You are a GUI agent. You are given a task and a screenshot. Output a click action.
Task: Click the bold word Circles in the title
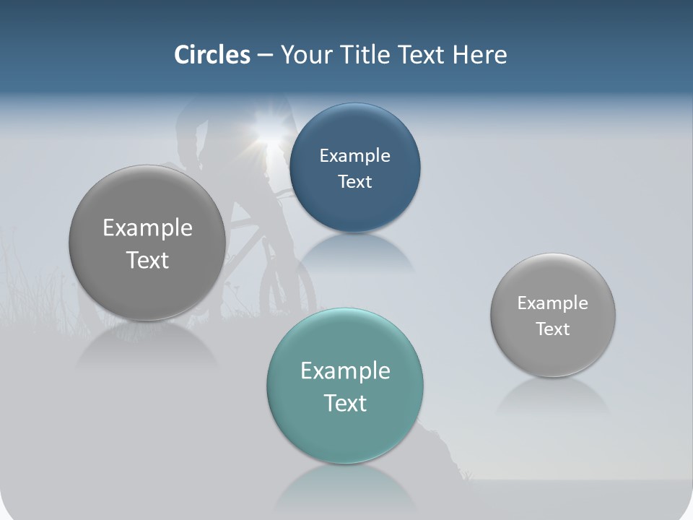coord(212,55)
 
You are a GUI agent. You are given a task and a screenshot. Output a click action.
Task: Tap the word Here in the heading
coord(479,55)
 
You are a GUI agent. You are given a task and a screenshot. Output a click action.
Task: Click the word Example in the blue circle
coord(354,155)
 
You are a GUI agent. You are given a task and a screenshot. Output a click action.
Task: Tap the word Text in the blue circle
coord(354,181)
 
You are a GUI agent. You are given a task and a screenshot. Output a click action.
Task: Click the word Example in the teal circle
coord(345,370)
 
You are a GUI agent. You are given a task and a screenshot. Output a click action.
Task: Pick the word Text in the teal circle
coord(345,402)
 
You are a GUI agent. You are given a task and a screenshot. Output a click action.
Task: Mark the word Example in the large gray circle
coord(147,227)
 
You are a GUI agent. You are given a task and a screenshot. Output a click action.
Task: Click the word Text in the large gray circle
coord(147,260)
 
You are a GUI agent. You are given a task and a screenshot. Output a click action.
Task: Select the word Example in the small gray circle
coord(552,303)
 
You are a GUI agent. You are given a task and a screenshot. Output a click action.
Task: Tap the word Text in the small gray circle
coord(552,329)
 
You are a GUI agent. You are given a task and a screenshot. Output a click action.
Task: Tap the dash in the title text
coord(264,56)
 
